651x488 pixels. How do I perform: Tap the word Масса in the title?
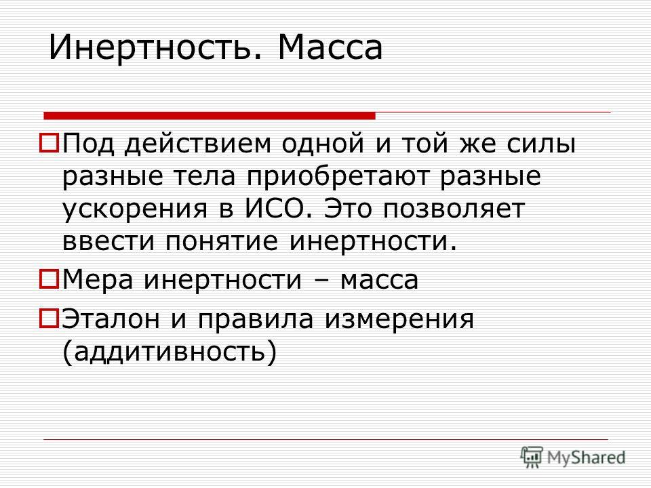(330, 47)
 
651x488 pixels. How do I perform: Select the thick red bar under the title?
(210, 116)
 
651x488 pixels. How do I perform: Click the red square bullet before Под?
(49, 142)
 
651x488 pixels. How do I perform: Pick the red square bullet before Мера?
(49, 279)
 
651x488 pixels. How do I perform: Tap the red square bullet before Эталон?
(49, 319)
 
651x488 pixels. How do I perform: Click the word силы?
(541, 144)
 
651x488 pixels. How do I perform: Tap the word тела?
(204, 176)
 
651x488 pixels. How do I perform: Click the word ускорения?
(134, 209)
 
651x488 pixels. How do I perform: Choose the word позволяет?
(454, 209)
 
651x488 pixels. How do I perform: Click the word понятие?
(222, 241)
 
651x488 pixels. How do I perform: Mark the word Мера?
(98, 279)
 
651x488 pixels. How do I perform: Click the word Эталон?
(111, 319)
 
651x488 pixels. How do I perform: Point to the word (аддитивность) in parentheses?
(170, 352)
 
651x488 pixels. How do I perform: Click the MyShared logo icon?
(532, 457)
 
